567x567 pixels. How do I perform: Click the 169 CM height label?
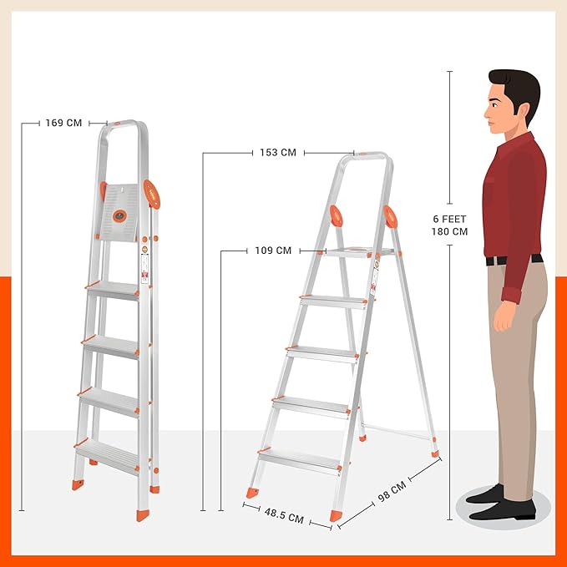63,123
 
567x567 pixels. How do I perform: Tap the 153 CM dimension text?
278,153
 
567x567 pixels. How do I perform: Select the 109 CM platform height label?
273,250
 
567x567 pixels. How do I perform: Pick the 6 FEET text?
448,219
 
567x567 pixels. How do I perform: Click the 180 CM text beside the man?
448,231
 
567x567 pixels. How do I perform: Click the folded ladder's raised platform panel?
121,212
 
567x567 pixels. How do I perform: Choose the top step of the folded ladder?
113,290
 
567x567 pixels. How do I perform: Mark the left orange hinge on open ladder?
337,216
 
